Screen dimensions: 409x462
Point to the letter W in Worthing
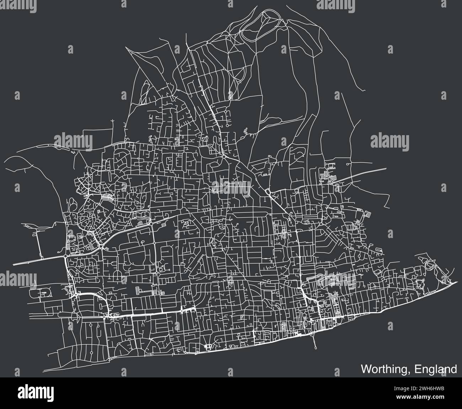click(x=367, y=369)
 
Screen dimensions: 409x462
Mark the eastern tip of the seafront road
click(x=455, y=282)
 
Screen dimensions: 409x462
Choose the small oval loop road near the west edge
click(x=42, y=293)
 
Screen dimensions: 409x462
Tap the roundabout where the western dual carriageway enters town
click(x=66, y=255)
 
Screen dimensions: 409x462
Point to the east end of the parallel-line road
click(x=387, y=168)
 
